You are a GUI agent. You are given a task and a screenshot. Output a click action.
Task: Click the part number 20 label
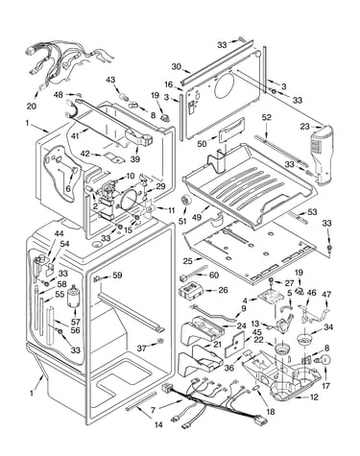coord(32,106)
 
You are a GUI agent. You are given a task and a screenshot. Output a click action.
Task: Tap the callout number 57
coord(76,322)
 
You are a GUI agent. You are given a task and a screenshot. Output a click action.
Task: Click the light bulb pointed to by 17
coord(324,362)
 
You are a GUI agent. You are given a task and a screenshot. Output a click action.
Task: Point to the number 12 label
coord(314,397)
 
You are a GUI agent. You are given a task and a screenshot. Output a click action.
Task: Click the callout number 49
coord(197,217)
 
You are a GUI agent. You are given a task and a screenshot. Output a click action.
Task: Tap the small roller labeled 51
coord(185,201)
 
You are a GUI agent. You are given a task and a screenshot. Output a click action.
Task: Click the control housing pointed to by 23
coord(321,156)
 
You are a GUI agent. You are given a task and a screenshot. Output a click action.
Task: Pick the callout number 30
coord(177,66)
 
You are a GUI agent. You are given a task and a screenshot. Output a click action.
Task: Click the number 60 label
coord(213,275)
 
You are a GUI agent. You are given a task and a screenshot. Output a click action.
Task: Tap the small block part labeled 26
coord(191,292)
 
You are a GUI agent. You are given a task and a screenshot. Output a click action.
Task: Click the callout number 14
coord(158,424)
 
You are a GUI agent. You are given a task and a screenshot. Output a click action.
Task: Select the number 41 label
coord(75,135)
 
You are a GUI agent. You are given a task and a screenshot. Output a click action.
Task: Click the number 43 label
coord(110,80)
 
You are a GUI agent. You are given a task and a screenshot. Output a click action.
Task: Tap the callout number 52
coord(266,117)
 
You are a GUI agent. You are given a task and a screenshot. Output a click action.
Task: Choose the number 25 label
coord(188,261)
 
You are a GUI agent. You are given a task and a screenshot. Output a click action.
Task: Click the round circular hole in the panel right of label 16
coord(226,85)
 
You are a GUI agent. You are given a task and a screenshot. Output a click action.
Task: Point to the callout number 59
coord(117,275)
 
